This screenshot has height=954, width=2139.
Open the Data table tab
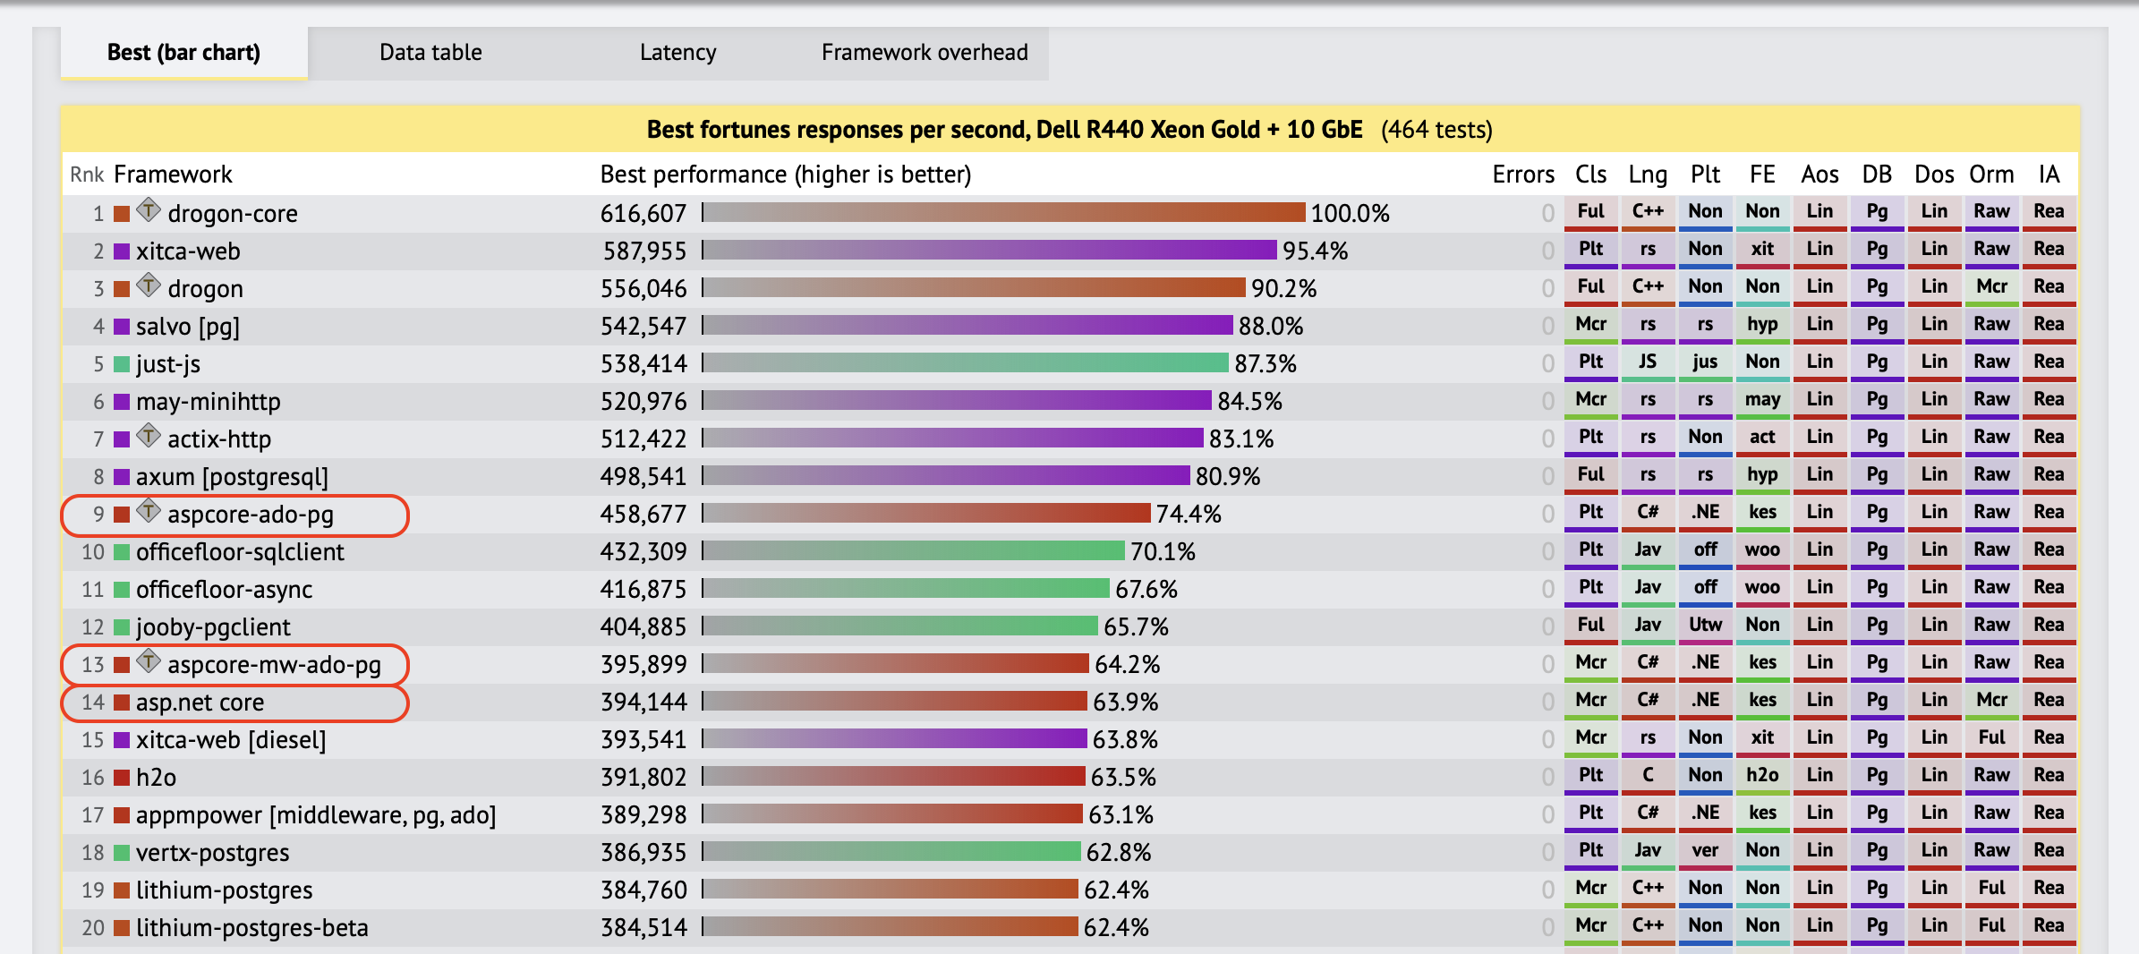[x=430, y=53]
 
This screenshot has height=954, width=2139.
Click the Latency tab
[x=677, y=53]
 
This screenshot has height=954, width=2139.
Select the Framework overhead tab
[x=925, y=53]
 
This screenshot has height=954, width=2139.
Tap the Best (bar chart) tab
[x=183, y=53]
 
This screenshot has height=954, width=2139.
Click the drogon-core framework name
[x=233, y=214]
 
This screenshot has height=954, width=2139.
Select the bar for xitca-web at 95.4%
[x=990, y=251]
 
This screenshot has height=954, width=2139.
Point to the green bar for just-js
[x=966, y=363]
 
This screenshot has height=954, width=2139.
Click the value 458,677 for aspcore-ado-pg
[x=643, y=515]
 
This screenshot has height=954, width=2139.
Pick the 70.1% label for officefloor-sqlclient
[x=1163, y=552]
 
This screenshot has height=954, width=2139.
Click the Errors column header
[x=1522, y=175]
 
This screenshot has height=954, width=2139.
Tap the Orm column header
[x=1991, y=175]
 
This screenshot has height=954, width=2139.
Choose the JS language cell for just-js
[x=1648, y=362]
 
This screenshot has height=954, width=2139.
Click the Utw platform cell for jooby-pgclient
[x=1705, y=625]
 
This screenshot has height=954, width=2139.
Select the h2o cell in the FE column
[x=1762, y=775]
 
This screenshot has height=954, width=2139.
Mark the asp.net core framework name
[x=200, y=703]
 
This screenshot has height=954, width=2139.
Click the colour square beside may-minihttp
[x=122, y=402]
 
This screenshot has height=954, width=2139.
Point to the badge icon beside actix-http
[x=149, y=437]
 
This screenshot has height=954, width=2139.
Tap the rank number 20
[x=93, y=928]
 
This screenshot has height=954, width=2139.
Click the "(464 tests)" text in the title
[x=1436, y=131]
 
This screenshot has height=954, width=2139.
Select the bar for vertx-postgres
[x=891, y=852]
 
